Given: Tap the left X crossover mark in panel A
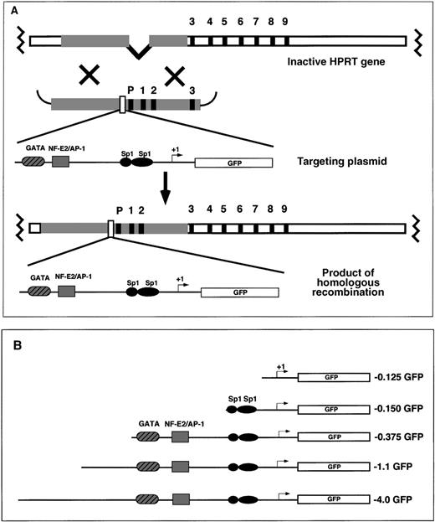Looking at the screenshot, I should tap(90, 76).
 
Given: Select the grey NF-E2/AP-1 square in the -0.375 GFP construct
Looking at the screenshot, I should tap(180, 437).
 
